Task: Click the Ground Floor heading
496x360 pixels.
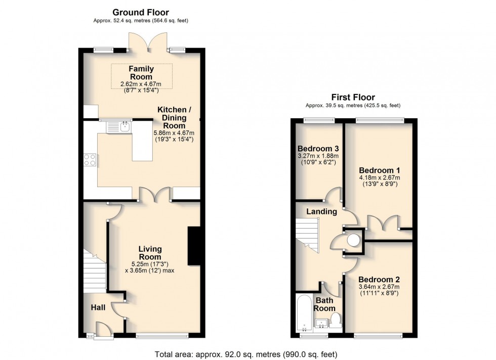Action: point(141,12)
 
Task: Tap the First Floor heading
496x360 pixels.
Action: point(353,97)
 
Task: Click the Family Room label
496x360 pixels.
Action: point(141,73)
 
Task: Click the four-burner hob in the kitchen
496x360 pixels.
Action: point(90,160)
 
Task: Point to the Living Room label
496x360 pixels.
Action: point(150,253)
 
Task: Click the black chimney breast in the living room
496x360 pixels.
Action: point(194,246)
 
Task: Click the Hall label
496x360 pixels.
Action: point(98,307)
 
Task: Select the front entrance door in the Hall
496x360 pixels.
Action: point(103,330)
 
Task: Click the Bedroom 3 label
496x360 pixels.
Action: point(318,149)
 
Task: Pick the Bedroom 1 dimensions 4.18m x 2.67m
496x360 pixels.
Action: point(380,177)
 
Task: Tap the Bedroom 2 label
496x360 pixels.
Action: point(379,280)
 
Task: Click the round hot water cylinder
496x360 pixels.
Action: point(354,240)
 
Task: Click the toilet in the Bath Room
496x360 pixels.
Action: point(335,320)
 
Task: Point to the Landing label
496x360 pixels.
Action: point(321,211)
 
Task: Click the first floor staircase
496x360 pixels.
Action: point(307,235)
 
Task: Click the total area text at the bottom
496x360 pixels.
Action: point(246,354)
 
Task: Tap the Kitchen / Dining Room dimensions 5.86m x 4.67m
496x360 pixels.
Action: point(174,133)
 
